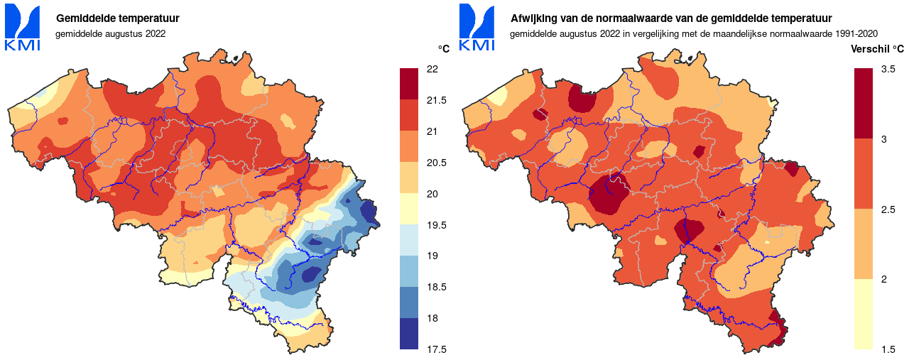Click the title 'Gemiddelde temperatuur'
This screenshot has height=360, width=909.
(x=117, y=18)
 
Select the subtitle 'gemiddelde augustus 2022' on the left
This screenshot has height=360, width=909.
(x=110, y=33)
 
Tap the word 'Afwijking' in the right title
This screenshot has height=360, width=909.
(x=534, y=18)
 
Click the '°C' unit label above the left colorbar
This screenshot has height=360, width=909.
(x=443, y=49)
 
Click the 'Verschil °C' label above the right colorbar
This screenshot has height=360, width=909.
(x=877, y=49)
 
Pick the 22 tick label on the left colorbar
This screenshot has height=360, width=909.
(x=432, y=69)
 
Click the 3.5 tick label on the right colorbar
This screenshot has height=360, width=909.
(x=888, y=69)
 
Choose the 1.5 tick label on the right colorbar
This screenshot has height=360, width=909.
(x=888, y=349)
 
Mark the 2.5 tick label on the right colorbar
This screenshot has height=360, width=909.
(x=888, y=209)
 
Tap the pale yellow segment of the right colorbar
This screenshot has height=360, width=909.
(x=863, y=314)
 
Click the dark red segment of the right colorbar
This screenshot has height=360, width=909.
(x=863, y=103)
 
